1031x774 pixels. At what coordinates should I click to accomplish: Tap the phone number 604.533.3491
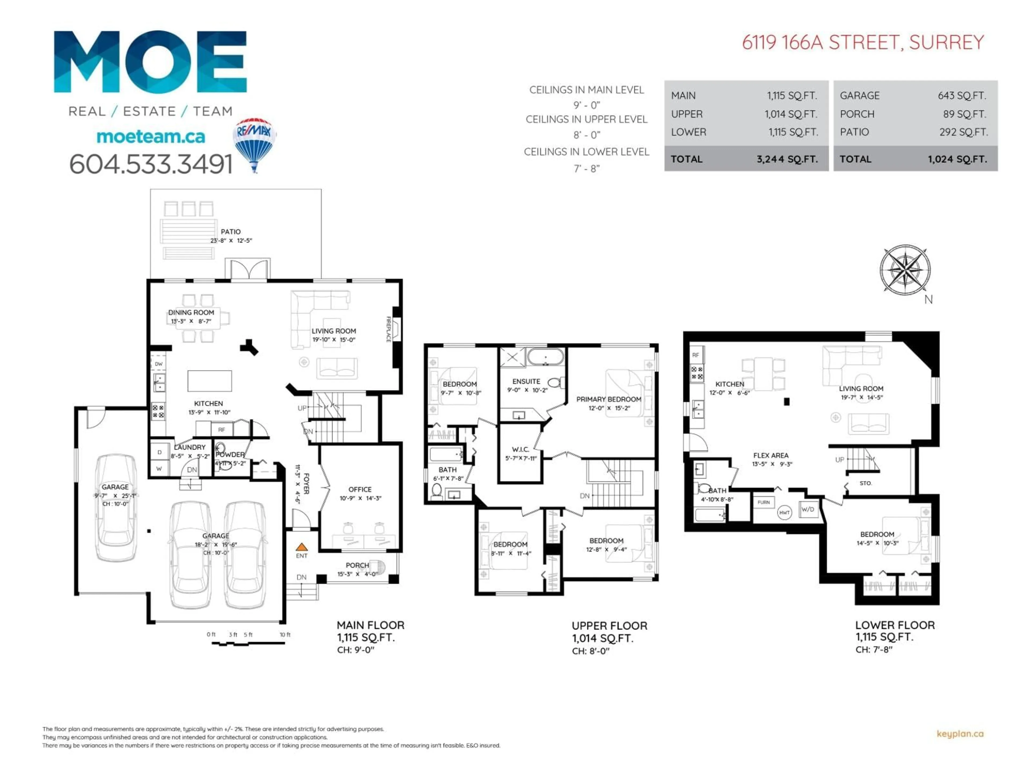click(x=151, y=164)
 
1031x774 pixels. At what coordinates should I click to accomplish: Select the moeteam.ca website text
click(x=151, y=137)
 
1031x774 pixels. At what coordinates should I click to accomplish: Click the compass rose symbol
click(x=905, y=270)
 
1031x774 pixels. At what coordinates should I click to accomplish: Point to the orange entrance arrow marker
click(x=302, y=547)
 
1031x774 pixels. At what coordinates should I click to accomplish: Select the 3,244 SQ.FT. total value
click(x=787, y=159)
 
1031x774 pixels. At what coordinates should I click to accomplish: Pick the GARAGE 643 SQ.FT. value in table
click(x=961, y=96)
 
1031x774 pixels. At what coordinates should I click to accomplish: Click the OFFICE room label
click(x=360, y=489)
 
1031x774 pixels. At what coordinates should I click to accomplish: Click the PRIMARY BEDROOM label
click(x=608, y=399)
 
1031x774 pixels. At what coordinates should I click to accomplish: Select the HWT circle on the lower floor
click(x=785, y=513)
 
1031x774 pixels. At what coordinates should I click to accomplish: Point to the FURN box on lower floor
click(x=764, y=503)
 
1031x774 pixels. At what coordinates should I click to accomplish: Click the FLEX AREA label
click(x=771, y=455)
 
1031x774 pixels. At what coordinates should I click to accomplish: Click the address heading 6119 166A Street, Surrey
click(x=863, y=42)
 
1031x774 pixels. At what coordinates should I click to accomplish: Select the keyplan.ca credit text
click(x=960, y=734)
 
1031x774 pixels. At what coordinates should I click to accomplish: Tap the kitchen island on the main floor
click(x=210, y=381)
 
